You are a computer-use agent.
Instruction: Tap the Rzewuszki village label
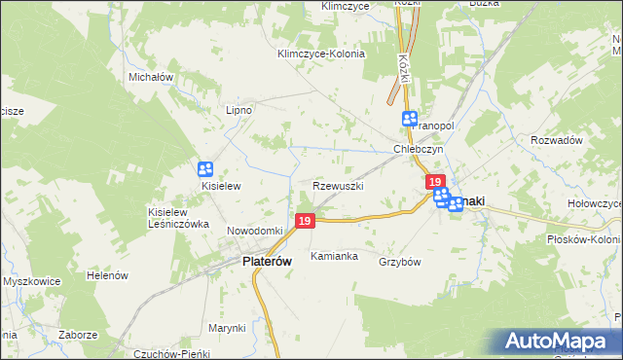tap(339, 185)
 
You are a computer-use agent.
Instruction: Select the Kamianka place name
tap(334, 256)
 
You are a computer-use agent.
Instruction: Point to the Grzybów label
tap(399, 262)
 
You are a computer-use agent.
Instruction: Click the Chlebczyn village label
tap(419, 150)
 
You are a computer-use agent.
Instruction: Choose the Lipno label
tap(238, 110)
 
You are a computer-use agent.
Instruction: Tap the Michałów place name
tap(150, 76)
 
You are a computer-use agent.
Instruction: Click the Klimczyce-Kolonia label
tap(320, 54)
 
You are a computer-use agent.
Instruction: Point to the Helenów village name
tap(108, 275)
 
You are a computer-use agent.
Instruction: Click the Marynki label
tap(226, 328)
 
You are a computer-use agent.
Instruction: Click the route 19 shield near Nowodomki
tap(305, 223)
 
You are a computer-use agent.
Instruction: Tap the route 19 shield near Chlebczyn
tap(435, 182)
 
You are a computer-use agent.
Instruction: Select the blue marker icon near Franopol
tap(410, 118)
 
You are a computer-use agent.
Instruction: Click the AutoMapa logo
tap(561, 342)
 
